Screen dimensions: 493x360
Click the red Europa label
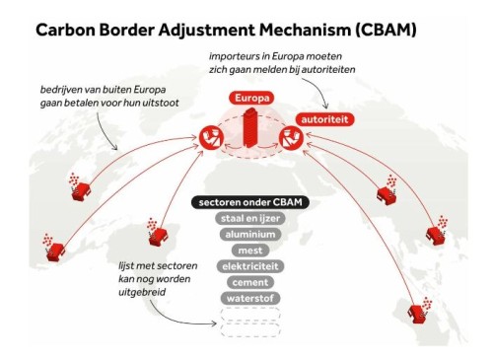[x=251, y=98]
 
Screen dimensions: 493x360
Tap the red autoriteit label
[x=324, y=119]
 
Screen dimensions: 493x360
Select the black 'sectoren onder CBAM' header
[x=250, y=202]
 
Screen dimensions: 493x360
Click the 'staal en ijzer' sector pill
[x=250, y=218]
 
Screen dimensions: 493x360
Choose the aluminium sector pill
[x=250, y=235]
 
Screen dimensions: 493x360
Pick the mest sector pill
[x=250, y=251]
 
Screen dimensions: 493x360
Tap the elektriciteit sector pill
[x=250, y=266]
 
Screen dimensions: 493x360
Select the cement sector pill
[x=250, y=282]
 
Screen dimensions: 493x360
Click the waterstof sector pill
[x=250, y=299]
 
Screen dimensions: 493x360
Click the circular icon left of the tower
[x=212, y=138]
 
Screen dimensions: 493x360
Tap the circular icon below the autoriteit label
[x=292, y=138]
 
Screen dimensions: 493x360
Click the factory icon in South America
[x=157, y=233]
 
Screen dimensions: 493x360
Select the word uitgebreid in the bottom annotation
[x=142, y=292]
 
